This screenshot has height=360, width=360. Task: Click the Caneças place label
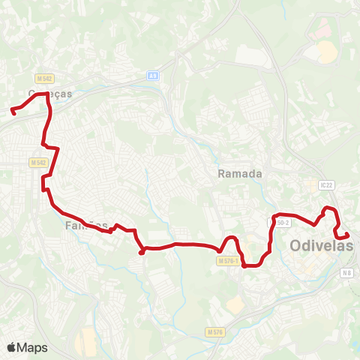pos(49,94)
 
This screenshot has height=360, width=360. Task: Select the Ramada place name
pos(240,173)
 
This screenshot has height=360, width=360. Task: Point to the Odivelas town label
pos(321,244)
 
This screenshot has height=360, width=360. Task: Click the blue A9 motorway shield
pos(153,76)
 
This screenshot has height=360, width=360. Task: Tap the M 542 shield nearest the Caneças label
pos(44,78)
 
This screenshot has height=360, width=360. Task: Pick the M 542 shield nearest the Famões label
pos(39,163)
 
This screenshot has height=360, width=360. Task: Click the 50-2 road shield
pos(283,223)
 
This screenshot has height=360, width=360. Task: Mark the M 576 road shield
pos(214,331)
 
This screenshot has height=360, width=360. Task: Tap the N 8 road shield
pos(346,274)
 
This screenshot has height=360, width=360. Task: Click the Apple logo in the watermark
pos(11,347)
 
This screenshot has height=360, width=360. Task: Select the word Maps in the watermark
pos(32,347)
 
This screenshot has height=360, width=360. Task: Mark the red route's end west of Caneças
pos(13,112)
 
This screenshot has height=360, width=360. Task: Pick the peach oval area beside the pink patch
pos(327,52)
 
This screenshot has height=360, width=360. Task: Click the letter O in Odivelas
pos(297,244)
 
